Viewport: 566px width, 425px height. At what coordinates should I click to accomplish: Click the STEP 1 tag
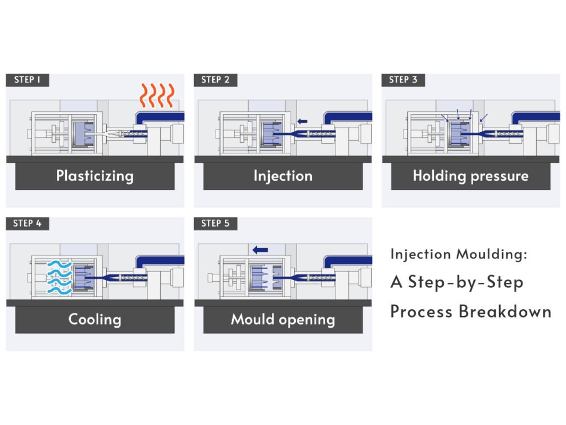click(x=27, y=80)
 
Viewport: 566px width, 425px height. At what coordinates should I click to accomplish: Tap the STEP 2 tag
click(x=215, y=80)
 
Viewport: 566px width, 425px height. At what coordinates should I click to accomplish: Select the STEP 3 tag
click(x=403, y=80)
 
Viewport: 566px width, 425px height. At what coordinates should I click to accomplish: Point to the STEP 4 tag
click(x=27, y=224)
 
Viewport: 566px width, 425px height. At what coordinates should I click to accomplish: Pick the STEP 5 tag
click(x=215, y=224)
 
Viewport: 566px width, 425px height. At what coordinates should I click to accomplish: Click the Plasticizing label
click(x=95, y=176)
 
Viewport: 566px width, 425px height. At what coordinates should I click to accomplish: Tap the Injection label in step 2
click(x=282, y=176)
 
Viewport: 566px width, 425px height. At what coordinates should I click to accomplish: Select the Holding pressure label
click(x=470, y=176)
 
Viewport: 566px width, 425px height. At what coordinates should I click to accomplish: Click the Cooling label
click(x=95, y=319)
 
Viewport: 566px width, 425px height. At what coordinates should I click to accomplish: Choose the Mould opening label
click(x=282, y=319)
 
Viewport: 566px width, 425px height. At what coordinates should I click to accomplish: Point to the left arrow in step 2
click(x=302, y=121)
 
